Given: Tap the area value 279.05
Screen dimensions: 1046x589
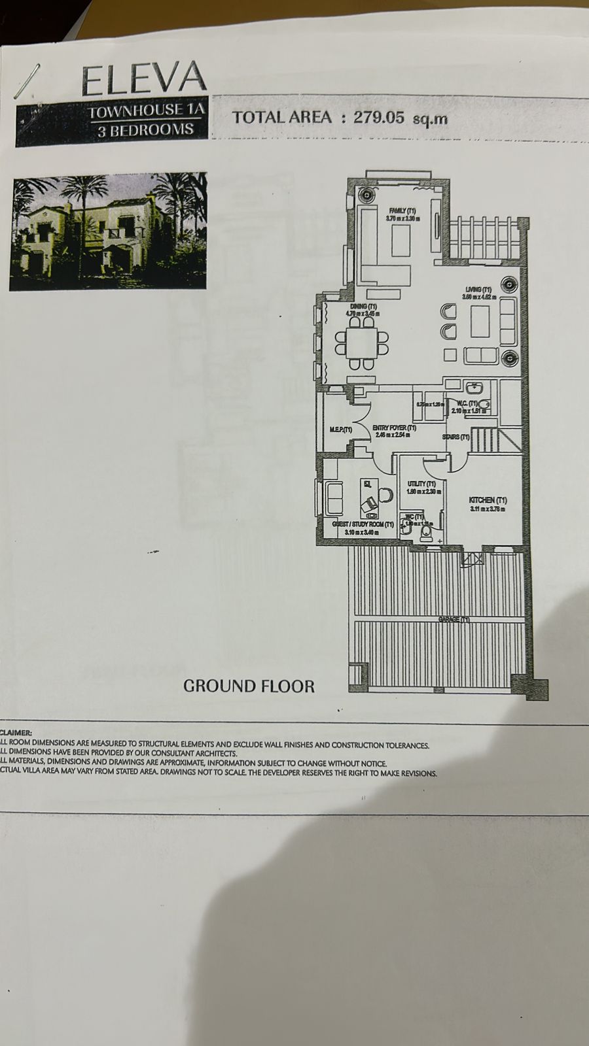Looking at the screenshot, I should (380, 118).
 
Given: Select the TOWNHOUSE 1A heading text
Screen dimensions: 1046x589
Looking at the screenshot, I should (147, 111).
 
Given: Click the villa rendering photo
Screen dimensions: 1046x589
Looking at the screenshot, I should (109, 231).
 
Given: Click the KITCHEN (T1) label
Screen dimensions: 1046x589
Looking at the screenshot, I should (488, 500).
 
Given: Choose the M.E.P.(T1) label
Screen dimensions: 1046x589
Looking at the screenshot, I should (340, 430).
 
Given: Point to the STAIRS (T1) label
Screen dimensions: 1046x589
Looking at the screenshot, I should (456, 437).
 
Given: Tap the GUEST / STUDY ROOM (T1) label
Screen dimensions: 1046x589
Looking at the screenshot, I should (363, 524).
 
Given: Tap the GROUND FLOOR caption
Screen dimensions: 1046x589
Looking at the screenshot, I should (249, 686).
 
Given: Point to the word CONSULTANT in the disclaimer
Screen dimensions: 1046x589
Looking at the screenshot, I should (171, 754).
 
